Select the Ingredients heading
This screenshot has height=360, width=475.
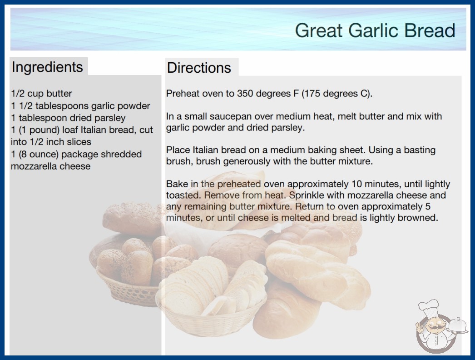47,67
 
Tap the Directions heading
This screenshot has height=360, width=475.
199,68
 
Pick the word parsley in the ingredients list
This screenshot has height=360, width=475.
110,118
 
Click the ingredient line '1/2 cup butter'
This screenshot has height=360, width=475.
41,94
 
